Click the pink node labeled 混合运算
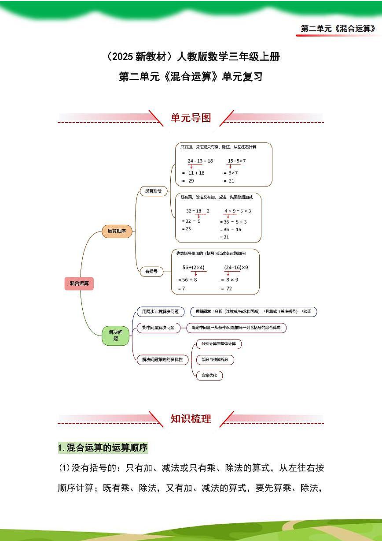point(79,284)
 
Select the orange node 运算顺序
point(117,231)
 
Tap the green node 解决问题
point(116,335)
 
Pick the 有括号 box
point(151,271)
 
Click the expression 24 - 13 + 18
point(200,161)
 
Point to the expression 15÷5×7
point(237,161)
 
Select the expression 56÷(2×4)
point(194,268)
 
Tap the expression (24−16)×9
point(236,268)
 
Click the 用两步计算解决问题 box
point(158,311)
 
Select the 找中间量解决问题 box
point(158,328)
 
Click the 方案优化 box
point(209,376)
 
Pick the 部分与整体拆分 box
point(215,360)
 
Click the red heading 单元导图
point(191,118)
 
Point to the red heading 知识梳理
point(191,419)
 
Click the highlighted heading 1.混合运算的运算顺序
point(103,448)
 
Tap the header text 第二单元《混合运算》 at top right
point(338,29)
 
